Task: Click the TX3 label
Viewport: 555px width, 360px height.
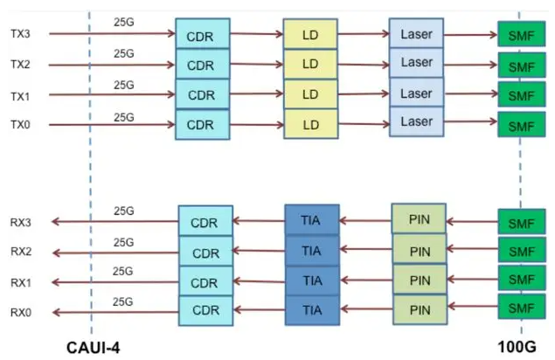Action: (x=20, y=34)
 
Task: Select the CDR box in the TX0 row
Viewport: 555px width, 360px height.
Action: (x=203, y=125)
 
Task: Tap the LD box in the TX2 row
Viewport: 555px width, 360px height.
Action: (x=310, y=64)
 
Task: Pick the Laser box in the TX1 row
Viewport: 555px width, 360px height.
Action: (x=416, y=93)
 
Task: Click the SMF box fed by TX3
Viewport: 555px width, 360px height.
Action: (x=522, y=34)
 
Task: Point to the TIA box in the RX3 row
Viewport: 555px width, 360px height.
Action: (x=312, y=220)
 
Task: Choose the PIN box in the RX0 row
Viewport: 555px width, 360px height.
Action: (x=420, y=309)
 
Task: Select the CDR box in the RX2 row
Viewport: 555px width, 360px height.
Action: (x=205, y=252)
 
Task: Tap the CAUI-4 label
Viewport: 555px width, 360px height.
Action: (x=94, y=348)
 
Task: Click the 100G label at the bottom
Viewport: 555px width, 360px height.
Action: (x=517, y=347)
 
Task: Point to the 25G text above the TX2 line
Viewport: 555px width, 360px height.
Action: (x=124, y=53)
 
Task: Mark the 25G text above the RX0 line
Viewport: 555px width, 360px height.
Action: (x=123, y=301)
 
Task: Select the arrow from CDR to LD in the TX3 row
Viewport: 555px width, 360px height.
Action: (x=257, y=34)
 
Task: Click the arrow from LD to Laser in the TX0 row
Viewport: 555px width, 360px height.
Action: (x=364, y=124)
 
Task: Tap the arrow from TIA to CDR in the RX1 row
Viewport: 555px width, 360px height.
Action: (x=259, y=281)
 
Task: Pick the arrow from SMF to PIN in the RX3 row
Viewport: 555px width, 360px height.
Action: (x=472, y=222)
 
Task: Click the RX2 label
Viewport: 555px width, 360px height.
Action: (x=21, y=252)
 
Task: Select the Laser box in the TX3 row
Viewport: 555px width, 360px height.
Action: (x=416, y=33)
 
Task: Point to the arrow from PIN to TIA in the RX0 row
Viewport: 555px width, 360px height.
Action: (x=366, y=309)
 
